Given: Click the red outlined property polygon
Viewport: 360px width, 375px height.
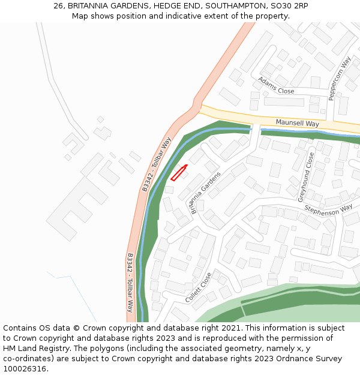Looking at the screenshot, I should point(179,173).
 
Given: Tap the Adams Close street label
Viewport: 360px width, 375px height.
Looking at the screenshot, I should point(276,86).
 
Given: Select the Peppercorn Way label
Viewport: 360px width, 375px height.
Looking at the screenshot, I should point(339,78).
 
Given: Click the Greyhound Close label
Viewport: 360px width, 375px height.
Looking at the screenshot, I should point(307,177).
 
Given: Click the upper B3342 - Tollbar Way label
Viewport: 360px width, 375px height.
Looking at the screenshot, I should point(157,164).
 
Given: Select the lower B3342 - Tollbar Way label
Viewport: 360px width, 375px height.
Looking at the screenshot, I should point(130,283).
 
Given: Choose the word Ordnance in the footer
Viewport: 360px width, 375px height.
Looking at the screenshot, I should point(284,359).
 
